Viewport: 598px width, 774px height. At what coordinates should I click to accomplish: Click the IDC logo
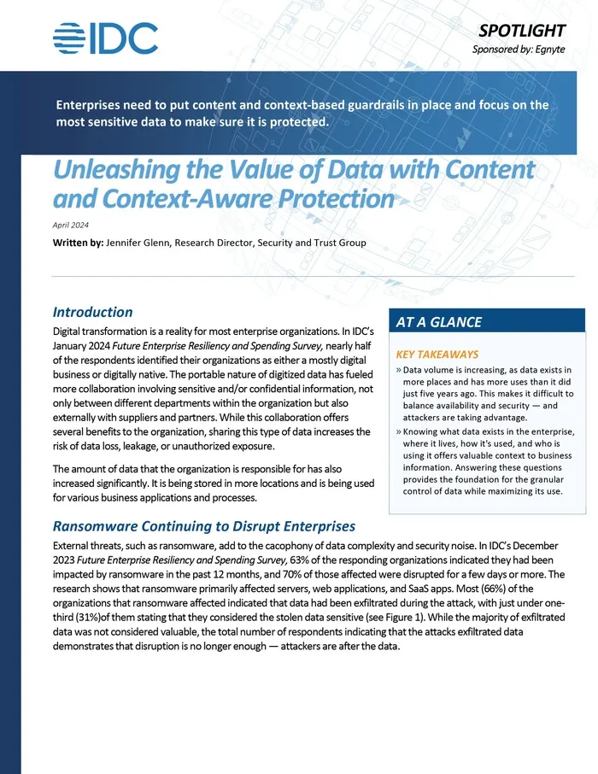tap(105, 38)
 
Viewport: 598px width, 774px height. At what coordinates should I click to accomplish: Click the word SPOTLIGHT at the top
tap(521, 30)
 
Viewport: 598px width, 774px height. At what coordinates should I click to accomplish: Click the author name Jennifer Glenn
tap(139, 243)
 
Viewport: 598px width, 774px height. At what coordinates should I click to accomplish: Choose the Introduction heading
tap(92, 313)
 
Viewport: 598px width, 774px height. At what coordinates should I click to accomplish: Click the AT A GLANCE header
tap(439, 322)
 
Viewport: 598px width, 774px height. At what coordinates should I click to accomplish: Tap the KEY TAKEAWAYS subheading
tap(437, 354)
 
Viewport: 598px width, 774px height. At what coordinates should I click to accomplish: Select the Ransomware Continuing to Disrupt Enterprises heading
tap(204, 526)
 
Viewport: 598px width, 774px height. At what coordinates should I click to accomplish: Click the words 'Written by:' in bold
tap(77, 243)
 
